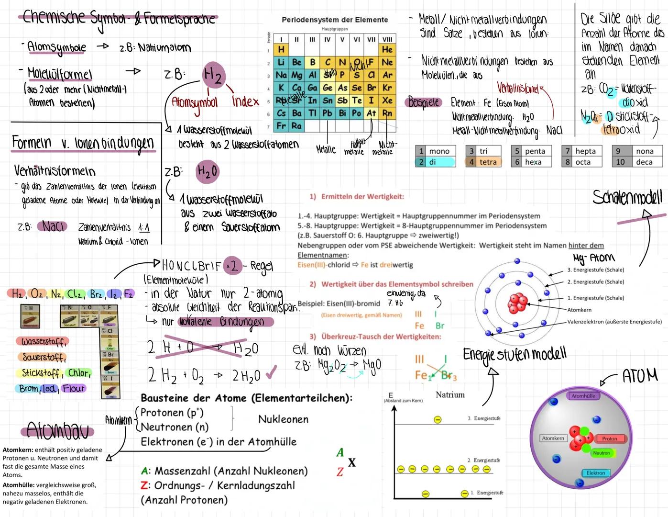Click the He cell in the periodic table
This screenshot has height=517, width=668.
[x=387, y=50]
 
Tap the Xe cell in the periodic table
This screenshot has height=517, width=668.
[x=387, y=101]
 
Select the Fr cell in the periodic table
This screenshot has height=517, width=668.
[x=282, y=126]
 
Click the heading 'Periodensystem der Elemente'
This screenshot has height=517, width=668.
[x=335, y=20]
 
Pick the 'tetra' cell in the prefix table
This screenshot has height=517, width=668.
[x=488, y=162]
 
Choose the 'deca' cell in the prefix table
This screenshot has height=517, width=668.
[x=644, y=162]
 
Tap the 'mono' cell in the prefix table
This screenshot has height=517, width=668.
[x=439, y=151]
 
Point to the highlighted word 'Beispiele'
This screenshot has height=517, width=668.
[x=424, y=102]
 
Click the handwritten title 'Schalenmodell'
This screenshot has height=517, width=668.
[x=627, y=197]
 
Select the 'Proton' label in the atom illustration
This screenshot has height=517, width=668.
[x=609, y=438]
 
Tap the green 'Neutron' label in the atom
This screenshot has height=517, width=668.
[x=601, y=453]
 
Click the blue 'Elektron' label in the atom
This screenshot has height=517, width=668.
[x=595, y=473]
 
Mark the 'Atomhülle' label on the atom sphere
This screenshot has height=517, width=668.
[x=583, y=396]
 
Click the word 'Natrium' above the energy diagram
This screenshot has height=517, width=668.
[x=450, y=395]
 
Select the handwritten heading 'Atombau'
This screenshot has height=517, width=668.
[x=57, y=430]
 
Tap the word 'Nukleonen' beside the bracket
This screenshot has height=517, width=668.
[x=283, y=419]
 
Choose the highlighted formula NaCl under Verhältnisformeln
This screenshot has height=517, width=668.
[x=52, y=226]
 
